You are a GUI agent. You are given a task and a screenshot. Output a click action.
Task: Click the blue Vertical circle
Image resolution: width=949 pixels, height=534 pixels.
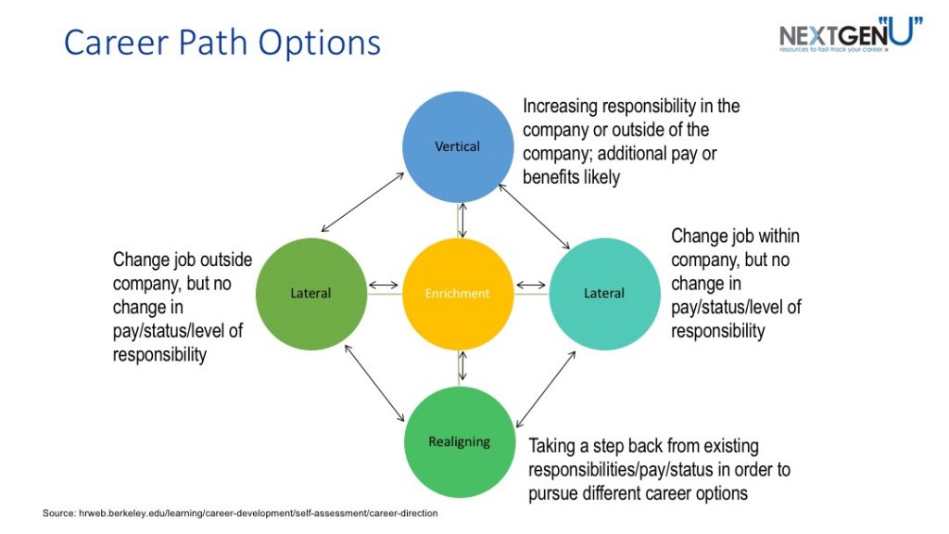coord(458,146)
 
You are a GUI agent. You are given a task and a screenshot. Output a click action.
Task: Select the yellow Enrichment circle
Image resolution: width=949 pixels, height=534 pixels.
coord(458,294)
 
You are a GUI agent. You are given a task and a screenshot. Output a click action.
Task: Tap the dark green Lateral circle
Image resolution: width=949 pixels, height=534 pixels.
coord(311,294)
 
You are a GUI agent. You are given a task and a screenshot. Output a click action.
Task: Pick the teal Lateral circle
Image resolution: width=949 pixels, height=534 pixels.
coord(604,294)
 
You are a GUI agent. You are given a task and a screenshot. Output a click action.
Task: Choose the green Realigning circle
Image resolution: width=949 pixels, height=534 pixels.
coord(460,442)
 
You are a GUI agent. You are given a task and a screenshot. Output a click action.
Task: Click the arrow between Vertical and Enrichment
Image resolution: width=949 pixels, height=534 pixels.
coord(462,221)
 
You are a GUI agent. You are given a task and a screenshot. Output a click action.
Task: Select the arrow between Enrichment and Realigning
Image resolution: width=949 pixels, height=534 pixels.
coord(462,367)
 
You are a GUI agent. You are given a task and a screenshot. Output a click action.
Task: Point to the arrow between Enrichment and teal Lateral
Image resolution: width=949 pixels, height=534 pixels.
coord(531,286)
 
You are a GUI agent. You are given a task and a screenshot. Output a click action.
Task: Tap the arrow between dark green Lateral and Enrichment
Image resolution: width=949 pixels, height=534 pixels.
coord(384,286)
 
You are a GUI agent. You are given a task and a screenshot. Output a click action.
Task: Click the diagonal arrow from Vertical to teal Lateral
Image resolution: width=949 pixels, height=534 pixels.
coord(534,217)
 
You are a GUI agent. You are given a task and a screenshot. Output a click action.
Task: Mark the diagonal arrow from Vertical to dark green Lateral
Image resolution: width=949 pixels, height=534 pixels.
coord(362,202)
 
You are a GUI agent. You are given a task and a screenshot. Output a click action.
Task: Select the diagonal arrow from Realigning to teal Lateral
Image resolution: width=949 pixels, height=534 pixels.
coord(546,389)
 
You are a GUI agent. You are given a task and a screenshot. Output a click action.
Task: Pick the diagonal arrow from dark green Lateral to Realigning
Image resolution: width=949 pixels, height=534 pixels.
coord(374,383)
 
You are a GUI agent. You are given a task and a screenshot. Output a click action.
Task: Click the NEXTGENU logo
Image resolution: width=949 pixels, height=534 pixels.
coord(851,34)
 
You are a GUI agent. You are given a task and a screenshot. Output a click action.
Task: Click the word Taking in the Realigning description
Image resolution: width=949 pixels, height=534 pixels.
coord(551,447)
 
